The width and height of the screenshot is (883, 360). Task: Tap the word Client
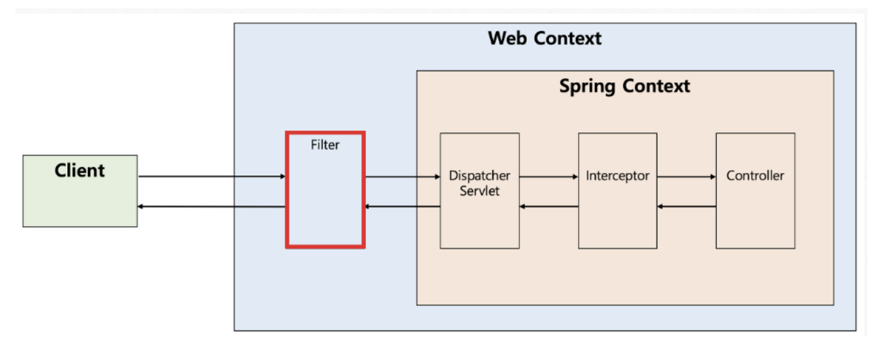tap(80, 171)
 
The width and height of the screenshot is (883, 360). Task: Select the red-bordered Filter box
tap(325, 196)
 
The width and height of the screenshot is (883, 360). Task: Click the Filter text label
tap(325, 145)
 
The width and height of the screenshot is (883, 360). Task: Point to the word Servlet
tap(479, 191)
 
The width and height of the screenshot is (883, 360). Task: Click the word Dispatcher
tap(479, 176)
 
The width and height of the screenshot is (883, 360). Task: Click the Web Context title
tap(545, 38)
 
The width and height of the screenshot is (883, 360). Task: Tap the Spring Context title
tap(624, 86)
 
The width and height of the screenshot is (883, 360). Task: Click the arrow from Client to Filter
tap(212, 176)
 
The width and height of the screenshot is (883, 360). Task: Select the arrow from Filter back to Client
tap(212, 207)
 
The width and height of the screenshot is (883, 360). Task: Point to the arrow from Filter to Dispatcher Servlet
tap(402, 176)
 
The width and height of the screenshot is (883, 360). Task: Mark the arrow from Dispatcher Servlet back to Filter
tap(402, 207)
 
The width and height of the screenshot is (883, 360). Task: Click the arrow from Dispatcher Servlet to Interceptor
tap(549, 176)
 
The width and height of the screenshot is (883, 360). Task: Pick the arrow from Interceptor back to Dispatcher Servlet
tap(549, 207)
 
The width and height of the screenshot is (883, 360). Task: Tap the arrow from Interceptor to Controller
tap(687, 176)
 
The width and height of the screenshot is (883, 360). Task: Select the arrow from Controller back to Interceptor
tap(687, 207)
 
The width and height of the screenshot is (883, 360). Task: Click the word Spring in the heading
tap(588, 86)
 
